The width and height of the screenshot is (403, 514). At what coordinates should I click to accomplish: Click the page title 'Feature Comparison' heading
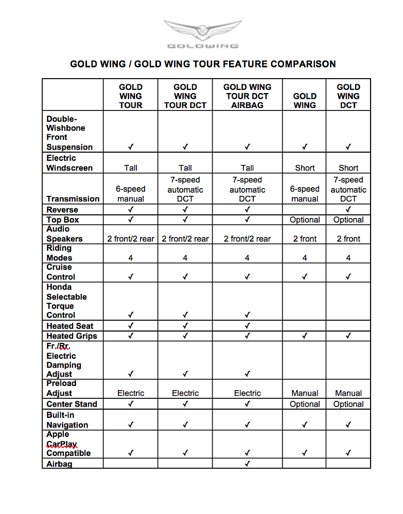tap(203, 64)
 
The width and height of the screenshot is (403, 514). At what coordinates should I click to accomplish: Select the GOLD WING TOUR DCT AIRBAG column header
tap(247, 96)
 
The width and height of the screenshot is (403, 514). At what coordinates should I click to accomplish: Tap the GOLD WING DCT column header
tap(348, 96)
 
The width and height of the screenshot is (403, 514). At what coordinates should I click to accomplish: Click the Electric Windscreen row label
tap(69, 163)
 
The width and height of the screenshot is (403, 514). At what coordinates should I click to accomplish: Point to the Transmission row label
tap(73, 199)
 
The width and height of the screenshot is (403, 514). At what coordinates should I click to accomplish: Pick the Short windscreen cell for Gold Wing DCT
tap(348, 168)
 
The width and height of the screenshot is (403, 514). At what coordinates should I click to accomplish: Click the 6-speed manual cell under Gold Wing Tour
tap(131, 194)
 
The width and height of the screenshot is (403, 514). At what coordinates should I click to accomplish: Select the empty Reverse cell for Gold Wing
tap(305, 210)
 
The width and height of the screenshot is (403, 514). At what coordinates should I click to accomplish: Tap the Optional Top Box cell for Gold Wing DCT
tap(348, 219)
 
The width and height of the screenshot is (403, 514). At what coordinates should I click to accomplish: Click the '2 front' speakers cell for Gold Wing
tap(305, 238)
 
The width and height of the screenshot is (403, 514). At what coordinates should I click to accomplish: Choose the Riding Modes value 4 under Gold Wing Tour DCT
tap(185, 258)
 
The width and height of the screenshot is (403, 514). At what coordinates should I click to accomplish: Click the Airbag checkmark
tap(248, 464)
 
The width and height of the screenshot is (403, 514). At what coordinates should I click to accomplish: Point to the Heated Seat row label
tap(70, 326)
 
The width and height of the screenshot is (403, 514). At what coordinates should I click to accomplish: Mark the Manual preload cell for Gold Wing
tap(305, 393)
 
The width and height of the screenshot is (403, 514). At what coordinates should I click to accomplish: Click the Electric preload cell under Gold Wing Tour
tap(131, 393)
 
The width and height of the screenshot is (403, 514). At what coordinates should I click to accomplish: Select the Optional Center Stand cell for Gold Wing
tap(305, 404)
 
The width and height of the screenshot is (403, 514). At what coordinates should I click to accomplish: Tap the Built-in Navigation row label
tap(67, 420)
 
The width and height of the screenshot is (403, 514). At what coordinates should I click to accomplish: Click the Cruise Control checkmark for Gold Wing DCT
tap(348, 277)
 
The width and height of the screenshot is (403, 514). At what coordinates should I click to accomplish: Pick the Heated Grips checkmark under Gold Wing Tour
tap(131, 336)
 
